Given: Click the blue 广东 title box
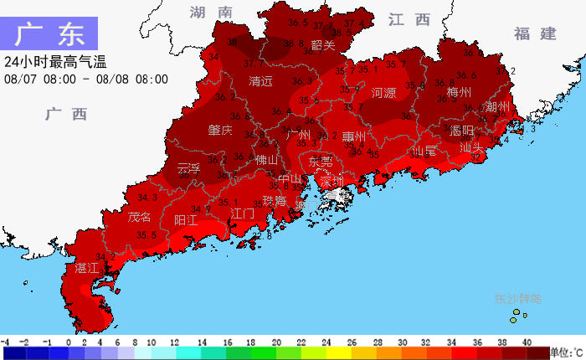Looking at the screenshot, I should [49, 34].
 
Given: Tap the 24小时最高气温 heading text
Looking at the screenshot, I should [55, 62].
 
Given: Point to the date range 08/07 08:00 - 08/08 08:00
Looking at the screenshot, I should [85, 80].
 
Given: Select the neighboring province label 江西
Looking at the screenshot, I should [409, 19].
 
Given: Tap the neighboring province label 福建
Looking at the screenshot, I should [535, 33].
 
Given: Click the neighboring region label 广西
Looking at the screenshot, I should [66, 115].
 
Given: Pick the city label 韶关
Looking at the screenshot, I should [322, 45].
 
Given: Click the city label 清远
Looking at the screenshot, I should [261, 82].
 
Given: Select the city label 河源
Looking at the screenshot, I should [383, 93].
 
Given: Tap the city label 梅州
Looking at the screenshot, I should [460, 92].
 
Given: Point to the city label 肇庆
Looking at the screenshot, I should [220, 131].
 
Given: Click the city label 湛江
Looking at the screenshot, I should [87, 268].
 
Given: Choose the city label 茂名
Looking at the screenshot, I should [140, 218].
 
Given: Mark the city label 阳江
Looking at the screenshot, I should [185, 220].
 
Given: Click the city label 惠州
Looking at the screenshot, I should [353, 136].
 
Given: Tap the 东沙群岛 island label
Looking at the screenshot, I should [517, 298].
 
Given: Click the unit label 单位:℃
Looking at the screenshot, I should [567, 352].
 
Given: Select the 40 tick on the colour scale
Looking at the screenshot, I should [527, 342].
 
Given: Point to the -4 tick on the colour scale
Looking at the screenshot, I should [5, 342].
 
